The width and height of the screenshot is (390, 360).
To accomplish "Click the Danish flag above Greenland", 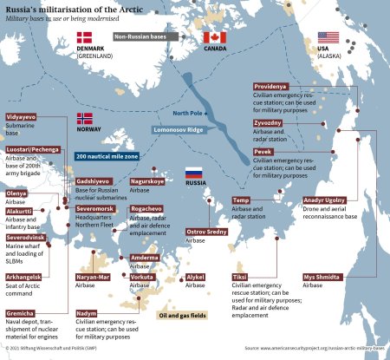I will [85, 37].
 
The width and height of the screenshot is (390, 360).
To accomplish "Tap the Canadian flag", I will [213, 37].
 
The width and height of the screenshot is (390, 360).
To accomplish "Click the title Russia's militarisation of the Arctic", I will [88, 9].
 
